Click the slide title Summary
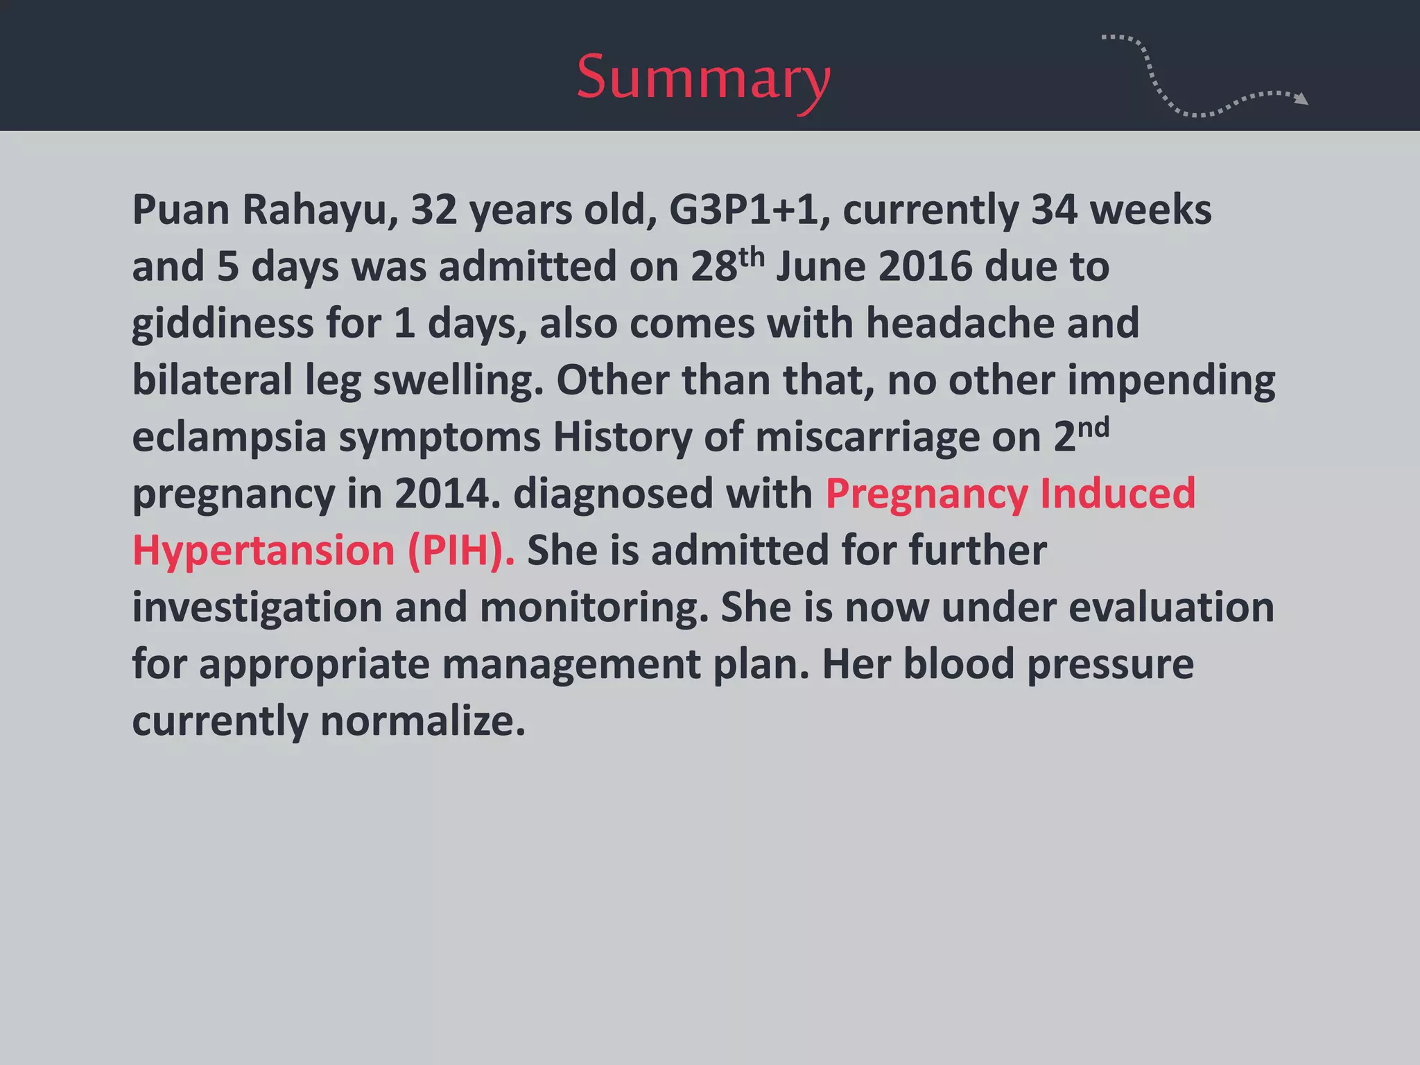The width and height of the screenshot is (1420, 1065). click(x=703, y=78)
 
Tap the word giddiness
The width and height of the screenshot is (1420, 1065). click(x=223, y=324)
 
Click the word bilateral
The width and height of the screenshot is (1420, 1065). click(x=212, y=381)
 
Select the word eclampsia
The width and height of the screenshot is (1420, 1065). click(x=229, y=438)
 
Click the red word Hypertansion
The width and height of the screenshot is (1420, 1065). click(x=263, y=551)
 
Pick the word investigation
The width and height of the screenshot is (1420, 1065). click(x=257, y=608)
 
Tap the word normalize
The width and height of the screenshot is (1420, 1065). click(x=422, y=721)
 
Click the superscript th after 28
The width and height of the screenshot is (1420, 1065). click(x=752, y=257)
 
